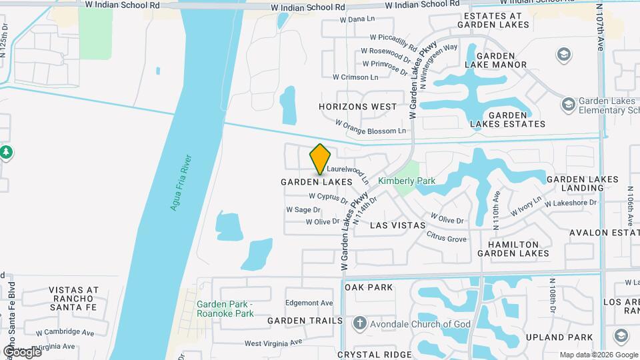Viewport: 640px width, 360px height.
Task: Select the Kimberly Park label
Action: point(406,181)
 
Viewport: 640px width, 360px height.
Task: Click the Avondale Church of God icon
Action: point(359,324)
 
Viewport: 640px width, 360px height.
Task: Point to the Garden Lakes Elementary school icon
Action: point(568,104)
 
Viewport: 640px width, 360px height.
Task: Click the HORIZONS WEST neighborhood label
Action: point(357,107)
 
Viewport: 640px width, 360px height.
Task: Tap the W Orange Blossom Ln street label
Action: point(370,127)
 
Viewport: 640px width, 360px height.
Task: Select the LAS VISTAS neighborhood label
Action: point(397,225)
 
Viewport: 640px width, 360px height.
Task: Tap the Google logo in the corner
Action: point(21,351)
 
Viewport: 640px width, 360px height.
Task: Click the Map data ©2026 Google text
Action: point(598,355)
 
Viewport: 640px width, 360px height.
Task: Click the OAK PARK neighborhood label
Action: point(369,287)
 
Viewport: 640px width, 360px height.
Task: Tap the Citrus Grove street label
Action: point(447,237)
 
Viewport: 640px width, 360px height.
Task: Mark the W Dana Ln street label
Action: point(357,19)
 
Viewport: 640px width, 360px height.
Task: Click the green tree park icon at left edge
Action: point(6,153)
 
